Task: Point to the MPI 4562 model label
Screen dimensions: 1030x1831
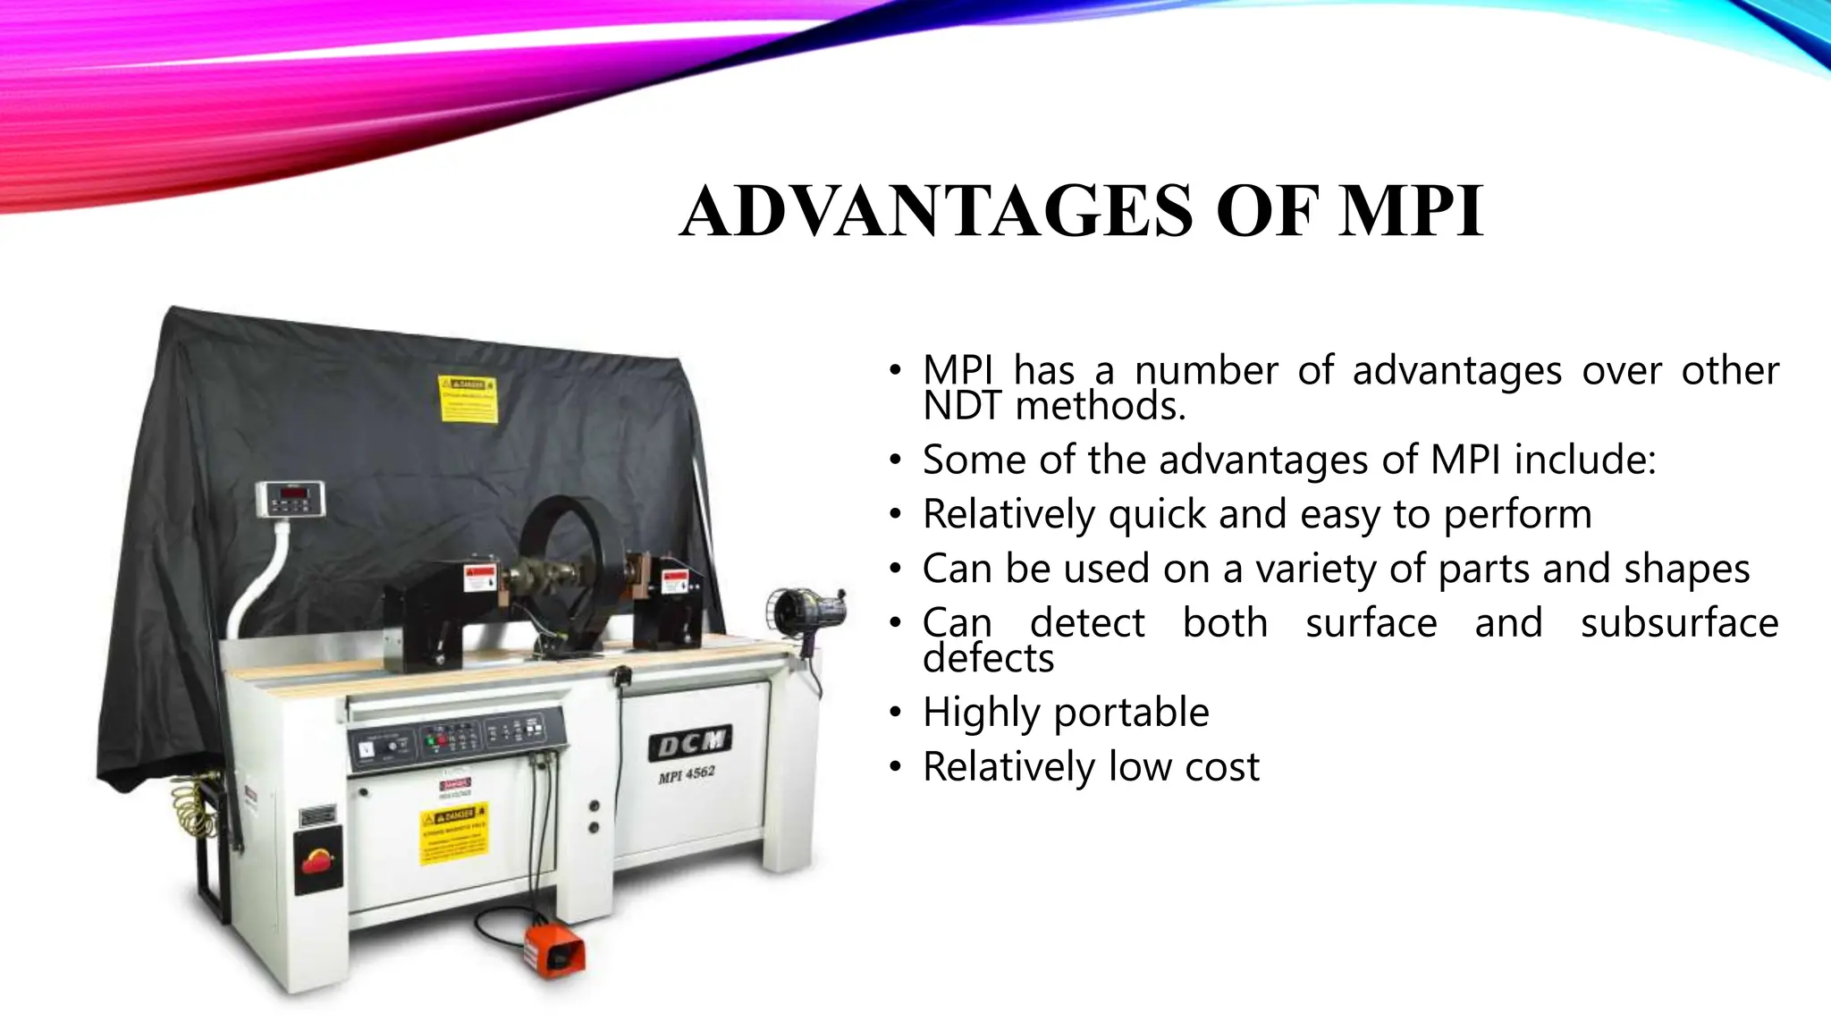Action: point(687,773)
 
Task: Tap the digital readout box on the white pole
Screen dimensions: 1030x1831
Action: point(291,498)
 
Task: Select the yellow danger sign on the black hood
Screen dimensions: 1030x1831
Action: point(467,400)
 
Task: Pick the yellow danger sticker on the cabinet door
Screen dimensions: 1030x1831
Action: point(454,836)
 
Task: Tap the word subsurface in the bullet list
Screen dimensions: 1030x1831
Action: point(1679,623)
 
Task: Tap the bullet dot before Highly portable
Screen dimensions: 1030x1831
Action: point(895,713)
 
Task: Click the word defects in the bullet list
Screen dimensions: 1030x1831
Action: point(988,659)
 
